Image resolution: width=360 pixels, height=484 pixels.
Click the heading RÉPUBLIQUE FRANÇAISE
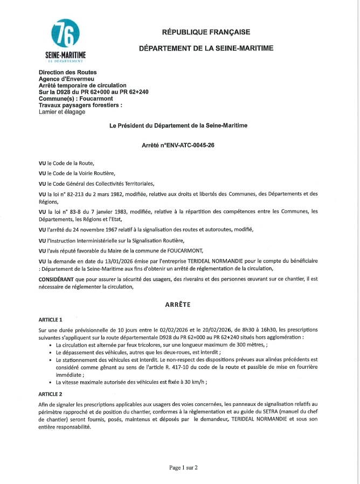206,32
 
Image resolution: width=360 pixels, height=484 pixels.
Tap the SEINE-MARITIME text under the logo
65,55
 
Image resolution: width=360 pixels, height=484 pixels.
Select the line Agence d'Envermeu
63,79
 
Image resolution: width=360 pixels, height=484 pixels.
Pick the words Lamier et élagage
62,112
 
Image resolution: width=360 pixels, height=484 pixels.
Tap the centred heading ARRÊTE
180,304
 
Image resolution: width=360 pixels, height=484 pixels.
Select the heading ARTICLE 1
51,319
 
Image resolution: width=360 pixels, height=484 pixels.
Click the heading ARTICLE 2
51,394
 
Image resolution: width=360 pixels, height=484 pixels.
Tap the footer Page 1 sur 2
183,467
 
